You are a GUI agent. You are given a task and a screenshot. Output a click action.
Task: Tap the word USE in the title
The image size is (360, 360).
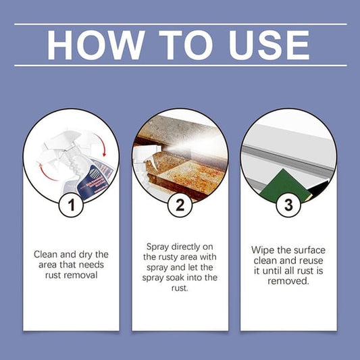click(269, 45)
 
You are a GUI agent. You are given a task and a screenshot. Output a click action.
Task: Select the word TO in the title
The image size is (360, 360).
click(186, 45)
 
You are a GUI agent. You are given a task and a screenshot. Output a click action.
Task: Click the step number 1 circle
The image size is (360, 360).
click(71, 205)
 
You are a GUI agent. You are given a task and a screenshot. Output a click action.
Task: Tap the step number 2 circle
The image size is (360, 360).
click(180, 205)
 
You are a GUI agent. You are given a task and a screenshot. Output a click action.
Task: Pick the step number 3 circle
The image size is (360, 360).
click(288, 205)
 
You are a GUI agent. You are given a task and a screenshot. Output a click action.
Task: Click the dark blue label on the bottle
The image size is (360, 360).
click(93, 182)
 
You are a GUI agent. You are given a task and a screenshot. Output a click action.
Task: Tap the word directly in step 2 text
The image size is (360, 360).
click(186, 247)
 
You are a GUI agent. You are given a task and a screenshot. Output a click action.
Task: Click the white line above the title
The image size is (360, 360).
click(180, 24)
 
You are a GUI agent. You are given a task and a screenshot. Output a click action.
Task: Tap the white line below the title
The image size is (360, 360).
click(180, 66)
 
